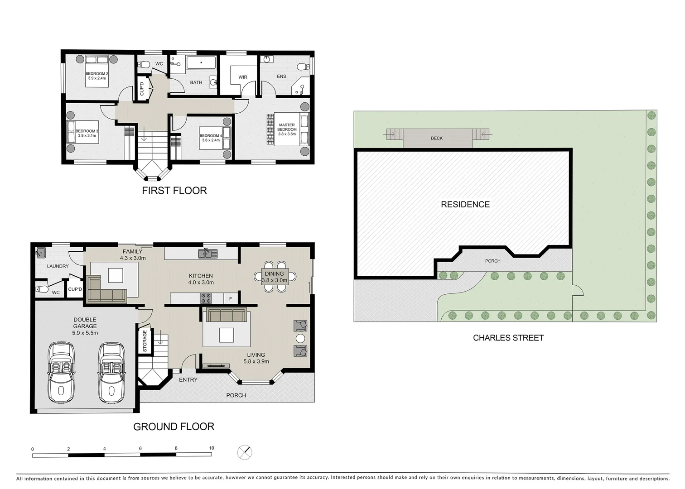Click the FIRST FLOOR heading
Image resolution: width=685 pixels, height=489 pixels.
click(174, 191)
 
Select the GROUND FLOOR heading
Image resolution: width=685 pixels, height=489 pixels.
click(174, 427)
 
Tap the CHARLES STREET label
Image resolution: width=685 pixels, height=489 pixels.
click(508, 338)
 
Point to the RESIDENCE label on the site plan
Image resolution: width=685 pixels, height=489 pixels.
click(465, 205)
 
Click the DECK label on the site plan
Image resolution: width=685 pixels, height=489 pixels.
click(437, 138)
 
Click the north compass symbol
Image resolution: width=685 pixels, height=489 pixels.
click(245, 452)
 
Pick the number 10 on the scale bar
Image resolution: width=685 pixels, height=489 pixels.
click(212, 448)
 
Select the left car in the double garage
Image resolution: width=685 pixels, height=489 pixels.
click(61, 372)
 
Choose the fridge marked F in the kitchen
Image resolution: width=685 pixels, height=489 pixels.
click(231, 299)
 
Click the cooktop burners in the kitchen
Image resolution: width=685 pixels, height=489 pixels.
click(206, 298)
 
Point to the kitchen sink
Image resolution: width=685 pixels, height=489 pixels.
click(208, 253)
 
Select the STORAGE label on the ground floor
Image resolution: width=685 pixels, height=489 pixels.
click(145, 341)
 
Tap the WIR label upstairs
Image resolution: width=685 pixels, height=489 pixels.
click(243, 77)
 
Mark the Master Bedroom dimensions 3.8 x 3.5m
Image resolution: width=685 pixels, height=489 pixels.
click(287, 134)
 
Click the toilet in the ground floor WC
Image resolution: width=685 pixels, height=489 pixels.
click(42, 288)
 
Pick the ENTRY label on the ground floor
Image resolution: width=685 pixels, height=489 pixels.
click(188, 379)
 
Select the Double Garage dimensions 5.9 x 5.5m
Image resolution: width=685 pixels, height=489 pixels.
click(85, 333)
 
